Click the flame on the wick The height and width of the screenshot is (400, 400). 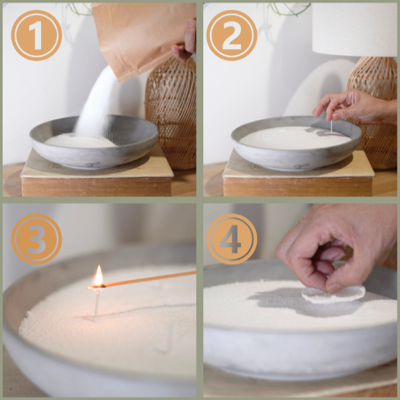pyautogui.click(x=99, y=276)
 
